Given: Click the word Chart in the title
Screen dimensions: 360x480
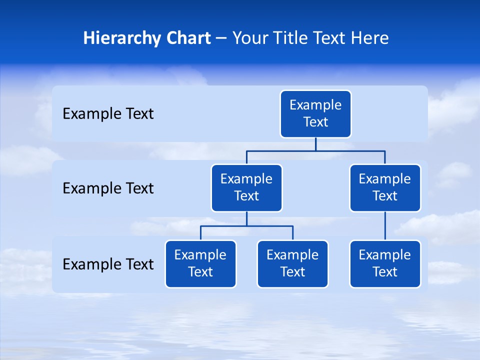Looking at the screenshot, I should (187, 38).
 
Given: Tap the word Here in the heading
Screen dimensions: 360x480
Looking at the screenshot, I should (370, 38).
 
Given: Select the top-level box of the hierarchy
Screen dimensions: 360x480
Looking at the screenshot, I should (315, 114).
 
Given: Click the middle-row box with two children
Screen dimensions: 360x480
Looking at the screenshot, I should (246, 188).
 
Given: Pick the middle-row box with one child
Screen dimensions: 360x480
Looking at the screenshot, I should (385, 188).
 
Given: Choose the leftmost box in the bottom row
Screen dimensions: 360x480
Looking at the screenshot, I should (200, 264).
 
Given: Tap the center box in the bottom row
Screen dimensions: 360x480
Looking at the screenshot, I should (292, 264).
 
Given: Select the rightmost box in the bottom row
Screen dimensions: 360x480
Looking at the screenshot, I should (385, 264).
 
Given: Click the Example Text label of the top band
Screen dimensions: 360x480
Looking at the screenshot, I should (108, 114).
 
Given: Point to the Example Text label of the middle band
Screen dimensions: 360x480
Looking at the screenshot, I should (108, 188).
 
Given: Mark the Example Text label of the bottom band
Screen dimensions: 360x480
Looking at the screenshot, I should (108, 264).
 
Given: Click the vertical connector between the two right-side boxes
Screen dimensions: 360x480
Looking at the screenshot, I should (385, 226).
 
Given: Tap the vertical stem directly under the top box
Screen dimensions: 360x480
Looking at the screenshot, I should (315, 144).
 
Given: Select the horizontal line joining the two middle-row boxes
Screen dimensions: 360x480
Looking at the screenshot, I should (315, 150).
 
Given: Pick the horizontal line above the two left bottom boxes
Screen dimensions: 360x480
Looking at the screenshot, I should (246, 226).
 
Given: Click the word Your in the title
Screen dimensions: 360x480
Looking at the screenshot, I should (250, 38).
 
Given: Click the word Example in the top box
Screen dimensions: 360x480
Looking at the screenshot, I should (315, 105).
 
